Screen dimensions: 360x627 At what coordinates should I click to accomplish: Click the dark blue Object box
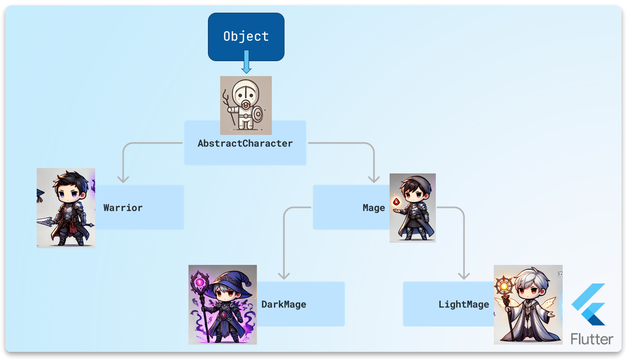pyautogui.click(x=246, y=37)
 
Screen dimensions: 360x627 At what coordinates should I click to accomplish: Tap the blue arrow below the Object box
pyautogui.click(x=246, y=63)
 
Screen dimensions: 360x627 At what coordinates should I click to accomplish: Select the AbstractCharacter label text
pyautogui.click(x=245, y=144)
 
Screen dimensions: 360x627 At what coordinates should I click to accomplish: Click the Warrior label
pyautogui.click(x=123, y=208)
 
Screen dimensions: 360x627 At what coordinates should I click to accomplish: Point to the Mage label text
pyautogui.click(x=374, y=208)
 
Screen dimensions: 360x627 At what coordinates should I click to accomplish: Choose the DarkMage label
pyautogui.click(x=284, y=304)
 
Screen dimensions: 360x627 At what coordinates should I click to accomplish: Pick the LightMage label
pyautogui.click(x=463, y=304)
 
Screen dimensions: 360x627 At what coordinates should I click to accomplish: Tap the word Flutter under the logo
pyautogui.click(x=592, y=339)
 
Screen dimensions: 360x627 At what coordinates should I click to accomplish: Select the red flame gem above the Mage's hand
pyautogui.click(x=396, y=202)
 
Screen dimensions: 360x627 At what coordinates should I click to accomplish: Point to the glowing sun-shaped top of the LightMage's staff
pyautogui.click(x=504, y=286)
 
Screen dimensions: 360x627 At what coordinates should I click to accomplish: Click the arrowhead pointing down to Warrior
pyautogui.click(x=123, y=179)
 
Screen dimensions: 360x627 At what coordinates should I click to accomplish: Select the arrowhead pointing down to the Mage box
pyautogui.click(x=374, y=179)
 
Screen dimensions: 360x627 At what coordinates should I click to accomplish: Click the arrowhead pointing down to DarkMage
pyautogui.click(x=284, y=275)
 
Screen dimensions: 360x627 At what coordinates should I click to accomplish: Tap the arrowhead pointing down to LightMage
pyautogui.click(x=463, y=275)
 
